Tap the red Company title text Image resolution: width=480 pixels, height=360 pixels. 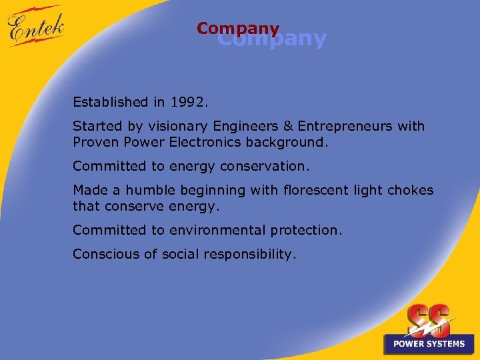click(238, 29)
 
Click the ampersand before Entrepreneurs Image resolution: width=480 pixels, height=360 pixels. click(289, 126)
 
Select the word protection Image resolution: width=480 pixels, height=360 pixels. click(306, 230)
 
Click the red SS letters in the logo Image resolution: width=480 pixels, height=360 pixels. click(429, 320)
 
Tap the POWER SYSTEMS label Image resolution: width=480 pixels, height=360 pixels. click(429, 344)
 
